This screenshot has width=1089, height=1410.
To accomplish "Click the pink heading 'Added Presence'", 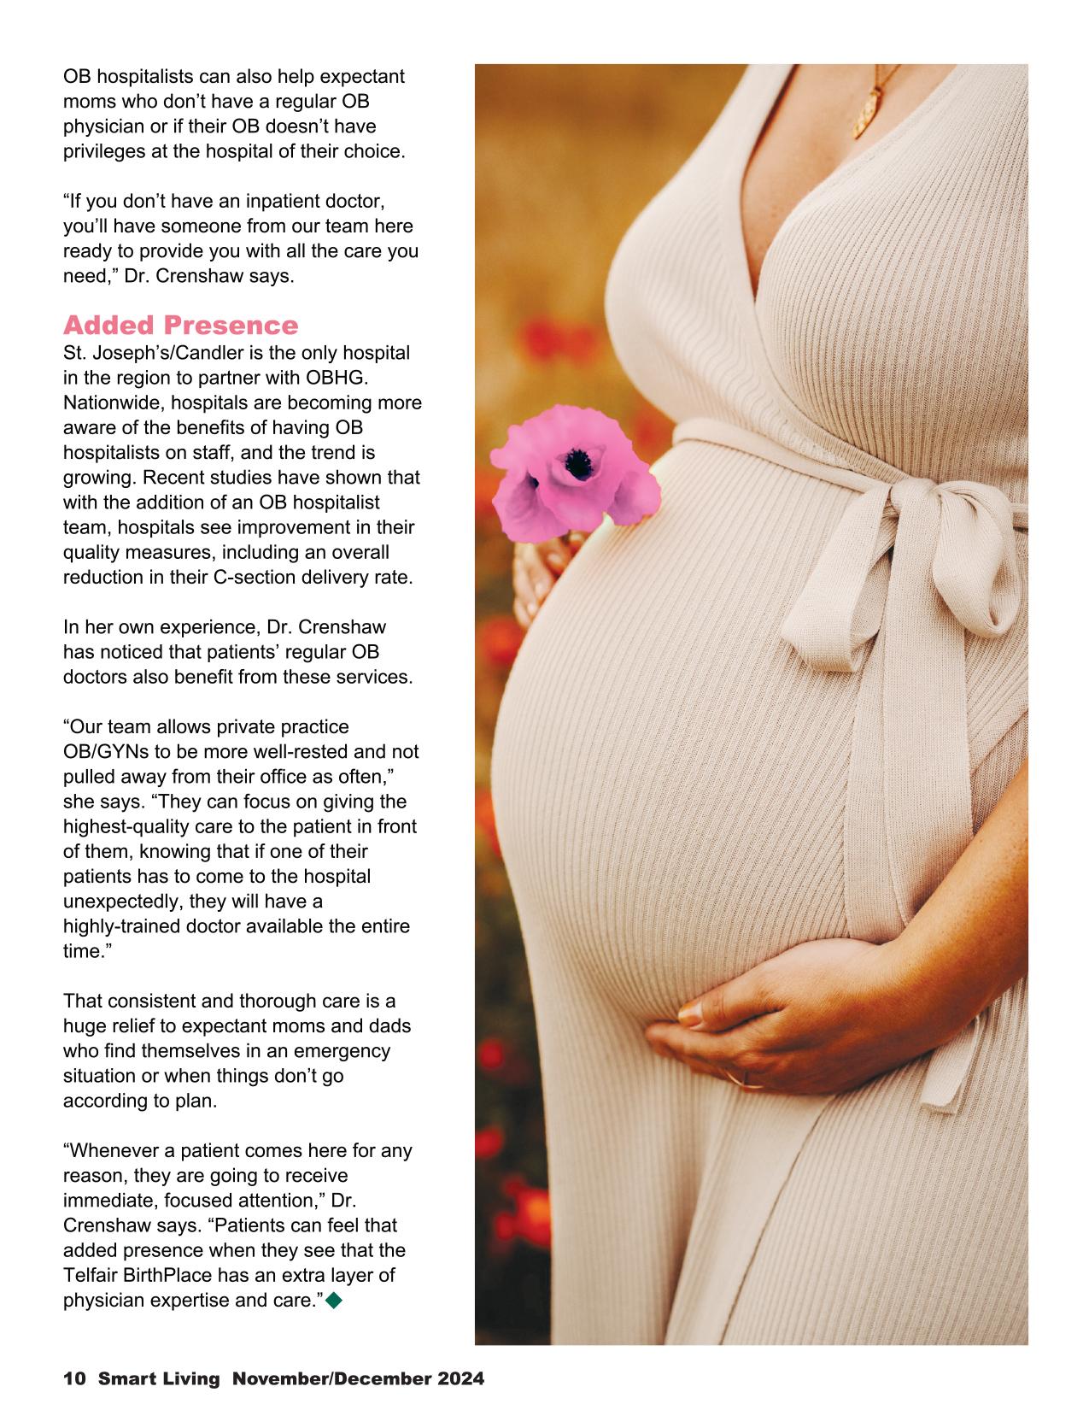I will pos(181,326).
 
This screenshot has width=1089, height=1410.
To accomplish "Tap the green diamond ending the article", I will pos(334,1301).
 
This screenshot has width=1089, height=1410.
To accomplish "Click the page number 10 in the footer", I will pos(74,1378).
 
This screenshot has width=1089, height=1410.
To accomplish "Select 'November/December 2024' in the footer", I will pos(359,1378).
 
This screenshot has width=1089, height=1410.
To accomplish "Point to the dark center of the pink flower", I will pos(580,464).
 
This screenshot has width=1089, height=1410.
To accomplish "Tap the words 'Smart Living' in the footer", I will pos(160,1378).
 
